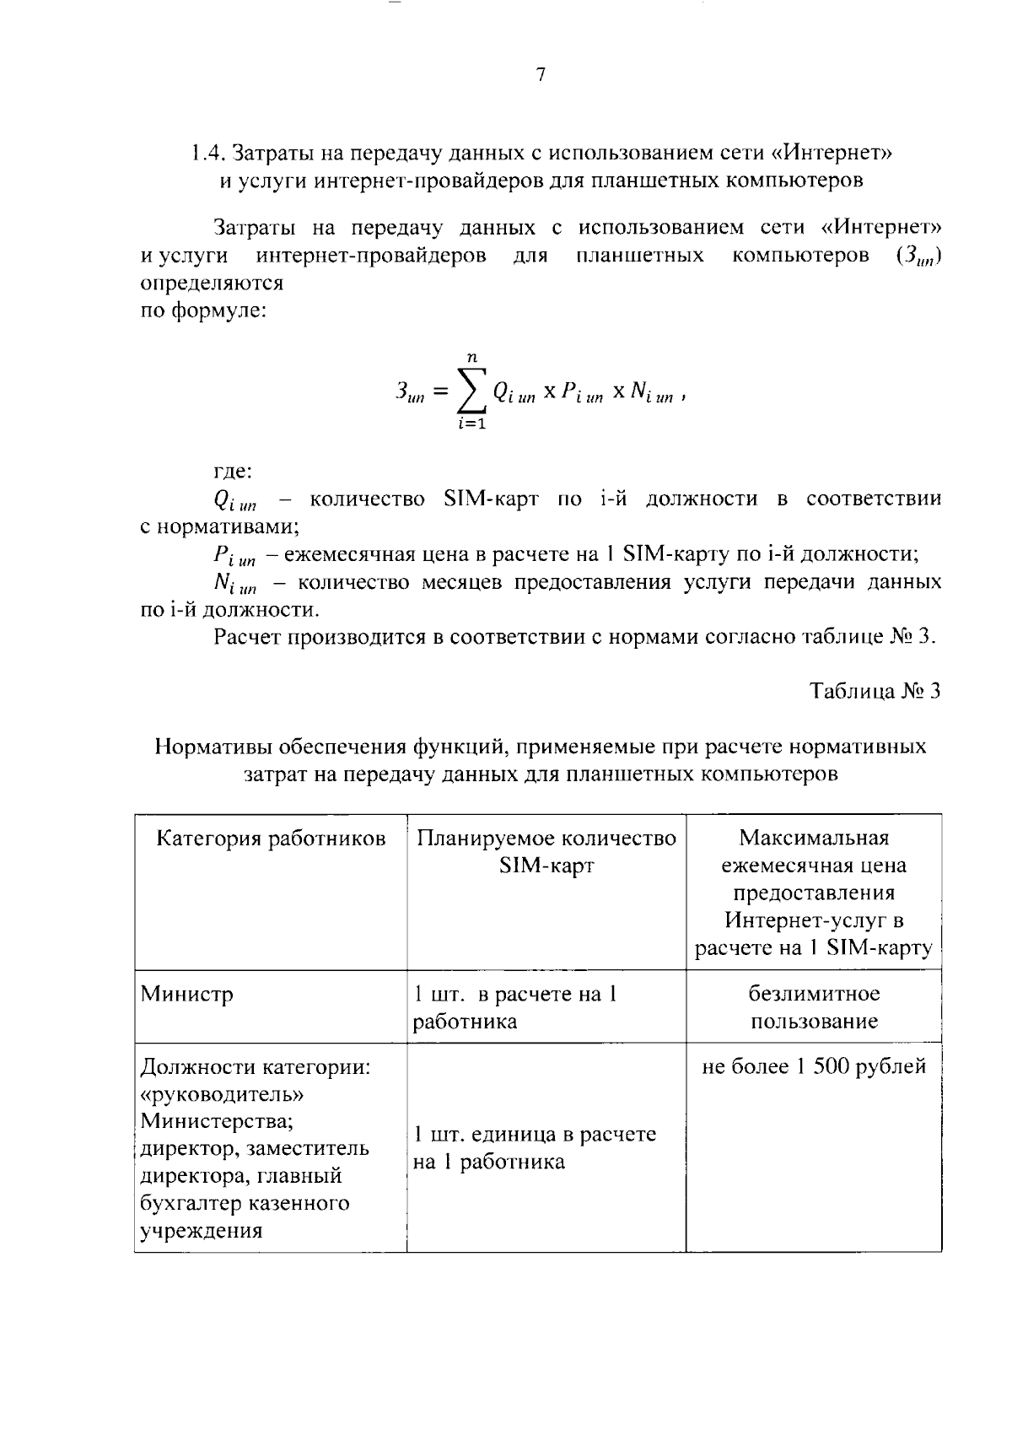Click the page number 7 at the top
[x=541, y=75]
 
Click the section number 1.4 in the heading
[x=207, y=154]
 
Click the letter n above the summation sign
[x=472, y=358]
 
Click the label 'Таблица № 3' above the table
[x=875, y=692]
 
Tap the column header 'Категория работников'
[x=272, y=839]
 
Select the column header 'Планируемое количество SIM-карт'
[x=546, y=851]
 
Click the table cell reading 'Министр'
[x=186, y=995]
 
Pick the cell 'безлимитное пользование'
[x=814, y=1007]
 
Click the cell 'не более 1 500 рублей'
[x=814, y=1067]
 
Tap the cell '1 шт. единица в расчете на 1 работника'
[x=534, y=1148]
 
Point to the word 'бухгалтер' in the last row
[x=186, y=1203]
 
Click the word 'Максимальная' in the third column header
[x=814, y=838]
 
